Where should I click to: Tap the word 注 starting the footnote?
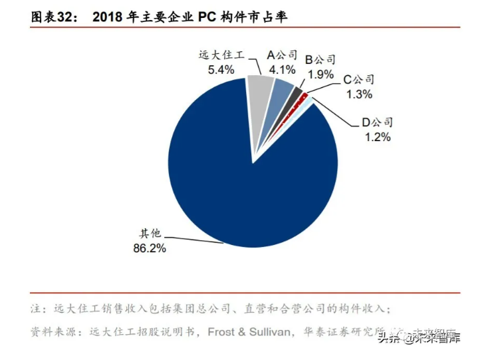(x=35, y=309)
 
